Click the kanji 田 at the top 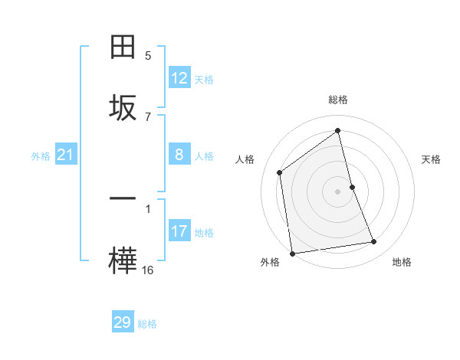pyautogui.click(x=123, y=47)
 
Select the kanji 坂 pyautogui.click(x=123, y=107)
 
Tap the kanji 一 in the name pyautogui.click(x=123, y=198)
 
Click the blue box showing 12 pyautogui.click(x=179, y=78)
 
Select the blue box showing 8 pyautogui.click(x=179, y=155)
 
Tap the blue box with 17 pyautogui.click(x=179, y=231)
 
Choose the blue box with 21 pyautogui.click(x=65, y=155)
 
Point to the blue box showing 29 pyautogui.click(x=123, y=322)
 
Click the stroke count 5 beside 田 pyautogui.click(x=148, y=56)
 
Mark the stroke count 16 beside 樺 pyautogui.click(x=148, y=270)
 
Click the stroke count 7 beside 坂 pyautogui.click(x=148, y=116)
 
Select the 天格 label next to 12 pyautogui.click(x=204, y=80)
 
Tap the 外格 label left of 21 pyautogui.click(x=41, y=156)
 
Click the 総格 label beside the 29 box pyautogui.click(x=147, y=324)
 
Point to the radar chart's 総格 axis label pyautogui.click(x=338, y=100)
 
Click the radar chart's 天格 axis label pyautogui.click(x=432, y=159)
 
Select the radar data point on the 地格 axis pyautogui.click(x=374, y=242)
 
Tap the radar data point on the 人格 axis pyautogui.click(x=280, y=172)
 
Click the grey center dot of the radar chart pyautogui.click(x=338, y=191)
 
